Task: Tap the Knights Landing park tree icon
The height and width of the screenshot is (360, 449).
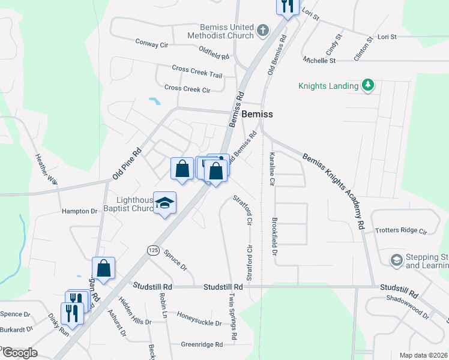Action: click(368, 86)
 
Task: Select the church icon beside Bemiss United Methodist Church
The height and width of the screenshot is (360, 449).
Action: click(262, 30)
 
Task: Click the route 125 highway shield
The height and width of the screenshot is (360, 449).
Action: click(153, 249)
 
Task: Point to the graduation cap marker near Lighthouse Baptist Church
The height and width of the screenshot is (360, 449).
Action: click(164, 203)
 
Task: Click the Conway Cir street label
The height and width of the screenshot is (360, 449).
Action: click(151, 44)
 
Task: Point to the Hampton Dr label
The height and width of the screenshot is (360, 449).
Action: click(79, 211)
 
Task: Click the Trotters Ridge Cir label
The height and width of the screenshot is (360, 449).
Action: click(400, 230)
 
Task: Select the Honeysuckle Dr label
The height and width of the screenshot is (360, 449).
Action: click(199, 322)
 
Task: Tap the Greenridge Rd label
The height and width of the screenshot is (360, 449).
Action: click(202, 344)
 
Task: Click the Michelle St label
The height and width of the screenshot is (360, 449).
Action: click(319, 61)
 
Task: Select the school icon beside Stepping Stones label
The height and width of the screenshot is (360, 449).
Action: click(396, 260)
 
